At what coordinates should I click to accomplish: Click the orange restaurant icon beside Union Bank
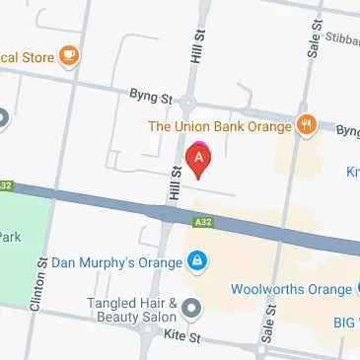coord(307,125)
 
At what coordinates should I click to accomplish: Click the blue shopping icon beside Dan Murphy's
coord(198,262)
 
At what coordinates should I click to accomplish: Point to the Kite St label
coord(184,338)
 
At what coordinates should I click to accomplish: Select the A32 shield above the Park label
coord(9,185)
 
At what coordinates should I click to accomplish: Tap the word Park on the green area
coord(10,236)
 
